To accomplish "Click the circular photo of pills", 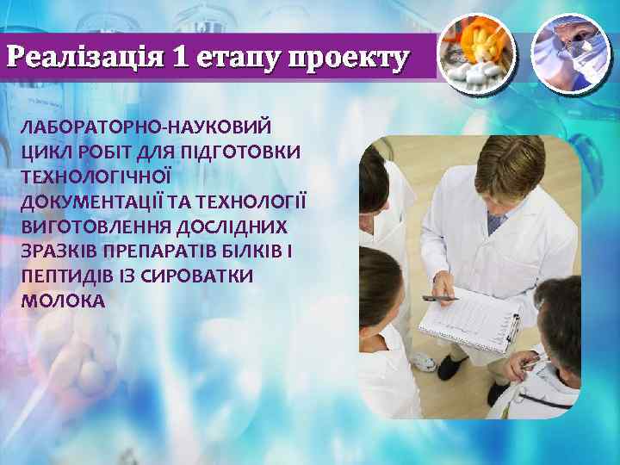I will pos(476,53).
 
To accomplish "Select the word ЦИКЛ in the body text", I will pos(44,152).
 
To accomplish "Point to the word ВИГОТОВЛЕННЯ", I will pos(92,226).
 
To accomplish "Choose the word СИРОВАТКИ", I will pos(200,276).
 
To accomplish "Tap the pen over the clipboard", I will pos(439,298).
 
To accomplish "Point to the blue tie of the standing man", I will pos(495,223).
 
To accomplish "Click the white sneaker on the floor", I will pos(421,362).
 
